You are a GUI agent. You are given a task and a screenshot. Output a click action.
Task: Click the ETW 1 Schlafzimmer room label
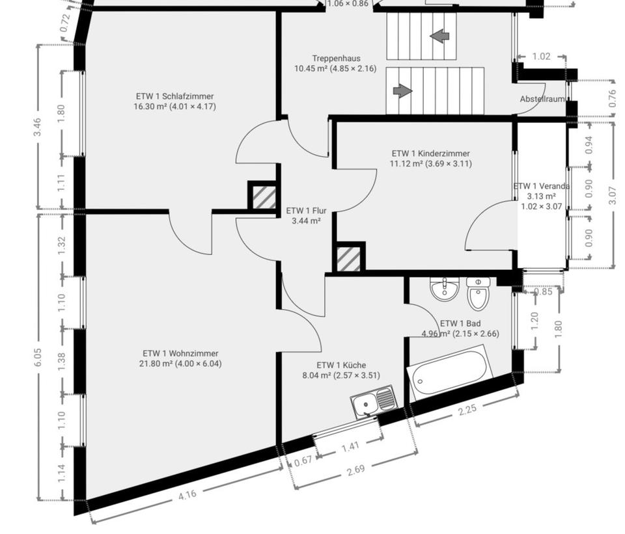click(x=174, y=96)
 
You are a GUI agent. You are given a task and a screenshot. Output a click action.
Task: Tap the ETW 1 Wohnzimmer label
click(x=180, y=354)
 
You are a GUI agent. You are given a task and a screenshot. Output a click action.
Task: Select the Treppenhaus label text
click(x=336, y=59)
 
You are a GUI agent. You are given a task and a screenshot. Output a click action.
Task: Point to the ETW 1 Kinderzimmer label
click(x=430, y=154)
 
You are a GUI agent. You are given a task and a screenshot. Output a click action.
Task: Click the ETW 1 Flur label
click(x=306, y=211)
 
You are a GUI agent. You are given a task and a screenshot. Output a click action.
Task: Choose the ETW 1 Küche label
click(x=341, y=365)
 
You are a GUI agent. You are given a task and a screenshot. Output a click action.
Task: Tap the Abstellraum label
click(x=542, y=99)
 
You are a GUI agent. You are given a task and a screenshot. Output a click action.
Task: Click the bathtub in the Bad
click(x=450, y=371)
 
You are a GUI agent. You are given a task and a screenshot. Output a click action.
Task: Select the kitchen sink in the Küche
click(x=374, y=401)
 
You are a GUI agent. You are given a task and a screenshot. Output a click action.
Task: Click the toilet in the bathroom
click(x=477, y=293)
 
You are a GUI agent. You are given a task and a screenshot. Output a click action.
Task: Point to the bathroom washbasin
click(x=444, y=289)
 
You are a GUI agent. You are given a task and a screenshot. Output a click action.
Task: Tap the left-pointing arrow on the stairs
click(x=439, y=36)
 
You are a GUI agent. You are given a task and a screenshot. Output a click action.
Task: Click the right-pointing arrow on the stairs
click(x=402, y=90)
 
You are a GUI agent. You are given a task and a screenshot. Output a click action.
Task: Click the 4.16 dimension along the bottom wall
click(x=187, y=495)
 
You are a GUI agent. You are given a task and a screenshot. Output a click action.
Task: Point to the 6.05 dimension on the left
click(x=38, y=359)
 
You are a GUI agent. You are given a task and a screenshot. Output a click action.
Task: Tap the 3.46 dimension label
click(x=38, y=127)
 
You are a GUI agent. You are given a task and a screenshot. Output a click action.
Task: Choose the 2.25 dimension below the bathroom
click(x=467, y=409)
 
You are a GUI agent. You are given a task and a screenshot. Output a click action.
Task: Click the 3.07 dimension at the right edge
click(x=613, y=196)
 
